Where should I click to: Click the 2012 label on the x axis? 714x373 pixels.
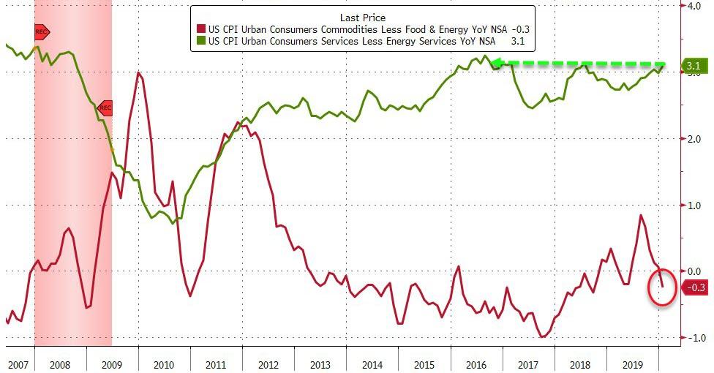click(x=268, y=363)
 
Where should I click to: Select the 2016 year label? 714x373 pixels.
click(x=476, y=363)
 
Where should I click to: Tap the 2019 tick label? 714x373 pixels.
click(x=632, y=363)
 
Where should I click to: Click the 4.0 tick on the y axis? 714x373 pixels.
click(x=692, y=7)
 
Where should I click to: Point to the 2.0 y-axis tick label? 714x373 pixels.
click(x=692, y=139)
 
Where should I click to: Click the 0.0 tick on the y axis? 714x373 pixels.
click(x=692, y=271)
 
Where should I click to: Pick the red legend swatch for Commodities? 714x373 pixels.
click(x=201, y=29)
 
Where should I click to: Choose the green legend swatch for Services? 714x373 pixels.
click(x=201, y=42)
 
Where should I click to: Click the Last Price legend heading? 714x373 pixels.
click(x=363, y=16)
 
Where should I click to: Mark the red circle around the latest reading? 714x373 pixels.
click(x=661, y=287)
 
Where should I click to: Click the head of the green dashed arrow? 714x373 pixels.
click(x=496, y=64)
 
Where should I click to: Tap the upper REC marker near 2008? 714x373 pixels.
click(x=41, y=32)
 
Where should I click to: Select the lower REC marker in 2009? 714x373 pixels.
click(x=105, y=108)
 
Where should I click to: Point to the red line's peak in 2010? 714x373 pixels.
click(x=138, y=72)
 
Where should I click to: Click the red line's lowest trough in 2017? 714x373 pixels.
click(x=541, y=336)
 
